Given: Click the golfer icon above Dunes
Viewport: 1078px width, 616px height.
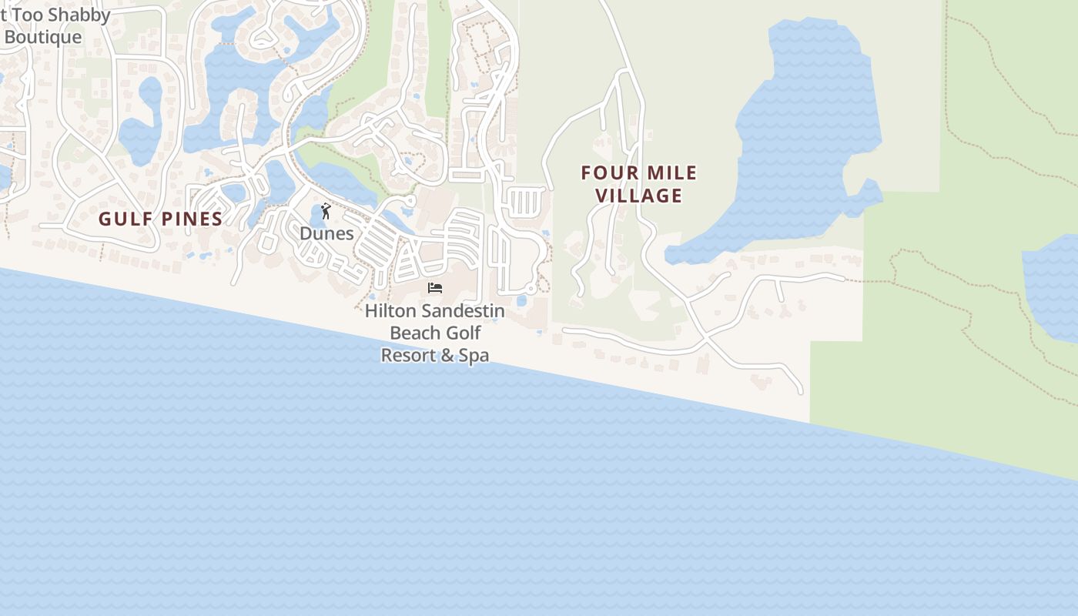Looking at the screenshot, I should [326, 211].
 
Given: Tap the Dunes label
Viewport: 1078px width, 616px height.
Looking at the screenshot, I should [326, 233].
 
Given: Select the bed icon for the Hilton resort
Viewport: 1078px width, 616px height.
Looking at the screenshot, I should [435, 288].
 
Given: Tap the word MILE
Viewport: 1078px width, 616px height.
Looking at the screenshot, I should [668, 173].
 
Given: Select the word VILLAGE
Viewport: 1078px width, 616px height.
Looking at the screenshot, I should [639, 196].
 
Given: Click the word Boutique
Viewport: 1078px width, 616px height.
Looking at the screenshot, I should [43, 37].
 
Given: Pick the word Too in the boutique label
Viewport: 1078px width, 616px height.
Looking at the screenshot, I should [28, 15].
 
